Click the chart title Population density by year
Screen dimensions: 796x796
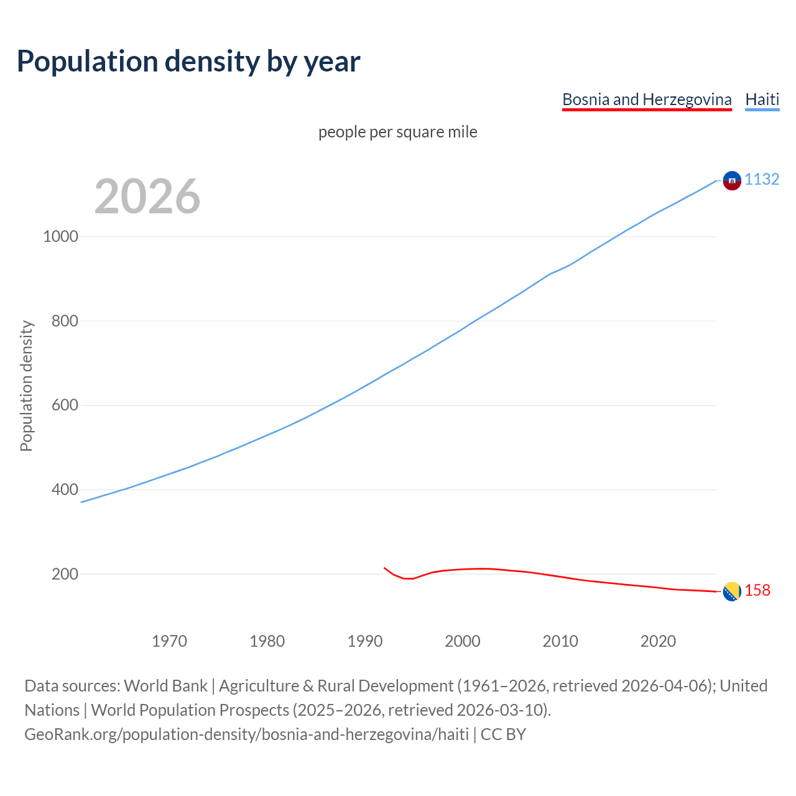(188, 62)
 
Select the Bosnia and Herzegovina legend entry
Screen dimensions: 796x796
(647, 99)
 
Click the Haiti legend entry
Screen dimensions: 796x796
(762, 99)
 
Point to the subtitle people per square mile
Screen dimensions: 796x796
(397, 132)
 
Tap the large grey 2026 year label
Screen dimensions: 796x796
(147, 197)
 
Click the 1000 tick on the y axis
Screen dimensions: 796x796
(60, 237)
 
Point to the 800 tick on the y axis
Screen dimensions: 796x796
(65, 322)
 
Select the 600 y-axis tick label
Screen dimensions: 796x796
(65, 405)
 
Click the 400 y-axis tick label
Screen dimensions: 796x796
(65, 490)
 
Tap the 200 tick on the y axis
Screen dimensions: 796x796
(65, 574)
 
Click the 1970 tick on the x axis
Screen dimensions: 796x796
(169, 641)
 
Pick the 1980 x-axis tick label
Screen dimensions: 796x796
(267, 641)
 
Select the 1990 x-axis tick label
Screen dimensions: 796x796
(365, 641)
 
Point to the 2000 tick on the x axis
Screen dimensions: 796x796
(463, 641)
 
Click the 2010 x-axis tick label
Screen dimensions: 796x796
(560, 641)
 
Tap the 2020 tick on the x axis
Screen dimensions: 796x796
(658, 641)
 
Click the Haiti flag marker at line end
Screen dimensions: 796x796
(732, 180)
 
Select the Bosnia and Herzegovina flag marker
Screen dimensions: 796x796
(732, 591)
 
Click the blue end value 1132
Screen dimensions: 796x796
(762, 180)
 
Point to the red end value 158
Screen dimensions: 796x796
(757, 591)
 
